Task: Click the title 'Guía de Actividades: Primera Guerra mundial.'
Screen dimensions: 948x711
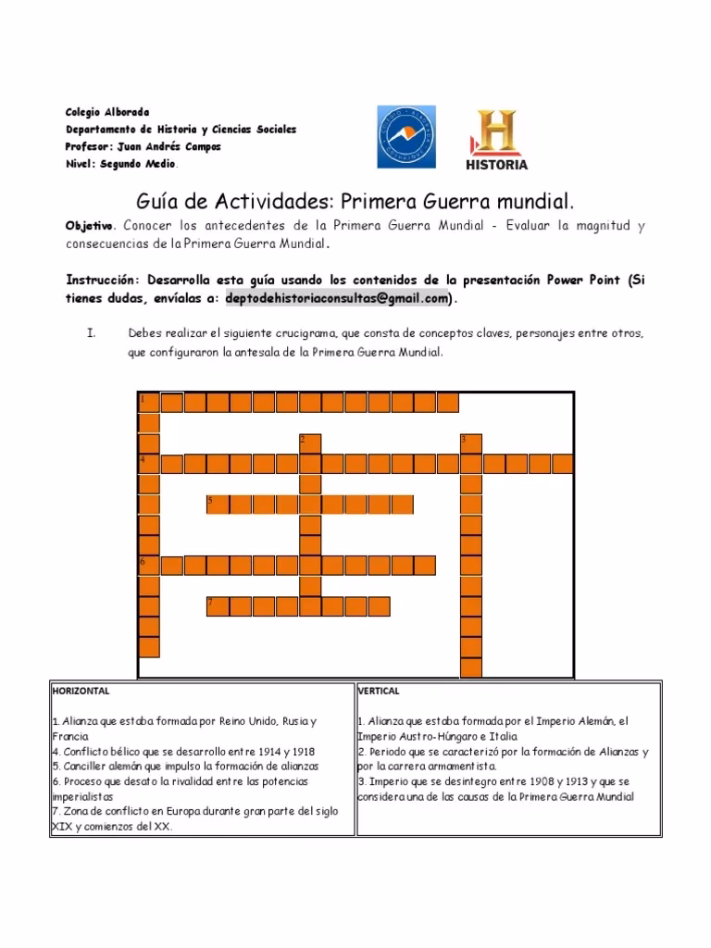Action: coord(355,201)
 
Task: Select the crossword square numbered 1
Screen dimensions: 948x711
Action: coord(148,402)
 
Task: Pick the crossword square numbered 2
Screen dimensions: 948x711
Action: coord(309,443)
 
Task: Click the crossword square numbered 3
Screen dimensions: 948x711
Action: coord(470,443)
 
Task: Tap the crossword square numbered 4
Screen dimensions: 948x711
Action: coord(148,463)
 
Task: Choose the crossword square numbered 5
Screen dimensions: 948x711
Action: coord(217,504)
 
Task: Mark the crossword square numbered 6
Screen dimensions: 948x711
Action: coord(148,565)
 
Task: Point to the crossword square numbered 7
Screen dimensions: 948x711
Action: coord(217,605)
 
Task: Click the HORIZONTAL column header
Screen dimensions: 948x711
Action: coord(81,691)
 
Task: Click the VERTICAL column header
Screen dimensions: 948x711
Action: coord(379,691)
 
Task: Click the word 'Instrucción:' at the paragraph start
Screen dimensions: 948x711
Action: coord(103,280)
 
